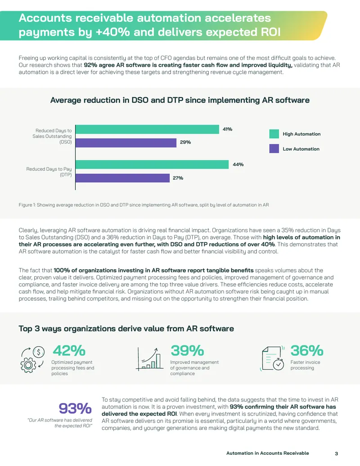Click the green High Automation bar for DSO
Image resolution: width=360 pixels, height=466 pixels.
click(147, 129)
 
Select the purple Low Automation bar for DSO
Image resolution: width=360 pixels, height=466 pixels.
click(126, 143)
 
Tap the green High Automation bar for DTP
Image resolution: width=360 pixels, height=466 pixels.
click(152, 164)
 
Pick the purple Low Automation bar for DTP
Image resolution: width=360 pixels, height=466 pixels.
click(123, 178)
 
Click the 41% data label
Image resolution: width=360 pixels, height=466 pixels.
click(228, 129)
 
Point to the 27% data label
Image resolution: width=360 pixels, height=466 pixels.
click(178, 178)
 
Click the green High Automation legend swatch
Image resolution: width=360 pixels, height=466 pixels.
click(274, 134)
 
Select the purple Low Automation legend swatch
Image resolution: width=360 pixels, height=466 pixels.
click(274, 149)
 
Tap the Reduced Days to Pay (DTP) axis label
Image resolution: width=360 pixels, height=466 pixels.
click(49, 172)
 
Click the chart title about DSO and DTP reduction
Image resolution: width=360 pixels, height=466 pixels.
click(180, 100)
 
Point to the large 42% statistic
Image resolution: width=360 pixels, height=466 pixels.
click(69, 351)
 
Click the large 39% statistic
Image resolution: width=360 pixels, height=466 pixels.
click(187, 351)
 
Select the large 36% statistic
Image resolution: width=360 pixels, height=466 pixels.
click(307, 351)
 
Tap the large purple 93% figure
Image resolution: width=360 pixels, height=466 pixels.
click(75, 408)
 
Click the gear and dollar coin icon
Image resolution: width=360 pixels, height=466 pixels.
click(32, 360)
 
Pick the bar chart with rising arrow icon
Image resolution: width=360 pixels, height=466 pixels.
click(149, 359)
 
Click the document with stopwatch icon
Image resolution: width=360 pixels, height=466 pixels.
click(272, 358)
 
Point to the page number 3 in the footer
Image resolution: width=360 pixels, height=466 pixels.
click(336, 453)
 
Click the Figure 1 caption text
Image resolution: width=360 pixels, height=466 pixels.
click(144, 205)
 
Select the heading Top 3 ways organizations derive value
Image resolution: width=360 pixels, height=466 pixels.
click(126, 328)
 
